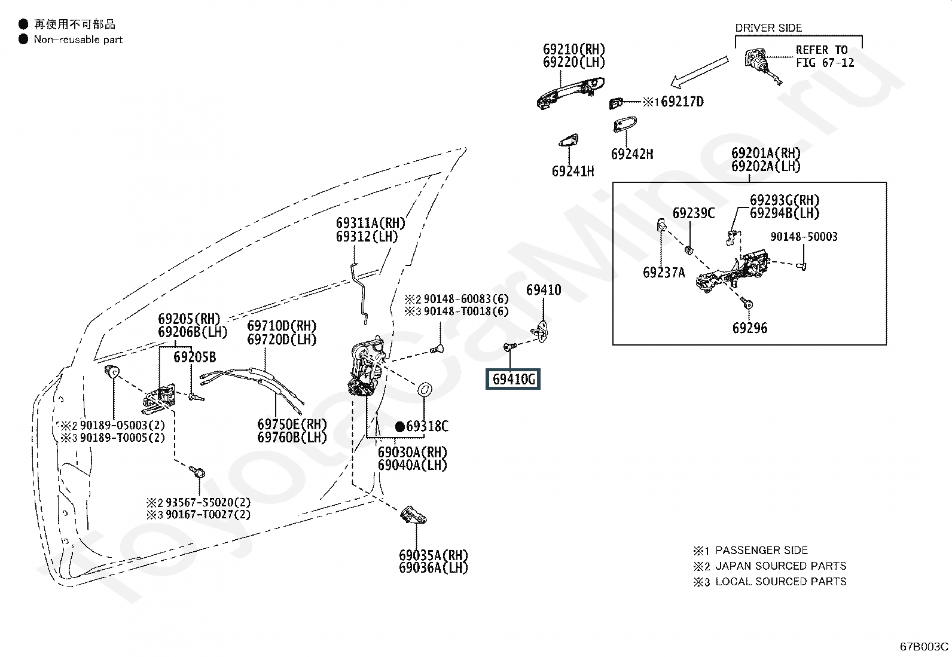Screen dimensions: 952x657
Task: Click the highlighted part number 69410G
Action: coord(514,378)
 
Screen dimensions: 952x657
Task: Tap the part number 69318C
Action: coord(427,426)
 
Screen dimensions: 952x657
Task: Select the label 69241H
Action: coord(573,171)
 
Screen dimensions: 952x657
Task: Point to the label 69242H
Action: coord(632,154)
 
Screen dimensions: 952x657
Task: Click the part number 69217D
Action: coord(682,102)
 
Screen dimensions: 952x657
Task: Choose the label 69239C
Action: coord(694,213)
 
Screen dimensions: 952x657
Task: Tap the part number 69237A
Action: coord(664,272)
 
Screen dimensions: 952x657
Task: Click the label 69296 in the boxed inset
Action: coord(750,328)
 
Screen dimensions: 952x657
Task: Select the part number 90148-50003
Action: coord(804,237)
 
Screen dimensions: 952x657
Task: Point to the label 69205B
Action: coord(195,357)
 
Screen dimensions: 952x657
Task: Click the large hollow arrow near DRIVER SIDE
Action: coord(699,71)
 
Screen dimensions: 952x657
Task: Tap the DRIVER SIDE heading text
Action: coord(768,28)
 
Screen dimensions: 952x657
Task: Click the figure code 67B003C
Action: coord(924,646)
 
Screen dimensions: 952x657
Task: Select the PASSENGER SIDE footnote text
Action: coord(762,551)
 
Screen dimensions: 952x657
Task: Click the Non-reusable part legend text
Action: coord(78,39)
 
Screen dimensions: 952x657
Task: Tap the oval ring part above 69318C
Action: coord(424,390)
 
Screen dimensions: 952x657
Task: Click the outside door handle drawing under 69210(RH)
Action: coord(570,93)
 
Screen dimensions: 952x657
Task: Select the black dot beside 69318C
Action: coord(399,427)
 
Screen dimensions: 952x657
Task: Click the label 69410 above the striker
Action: coord(544,290)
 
